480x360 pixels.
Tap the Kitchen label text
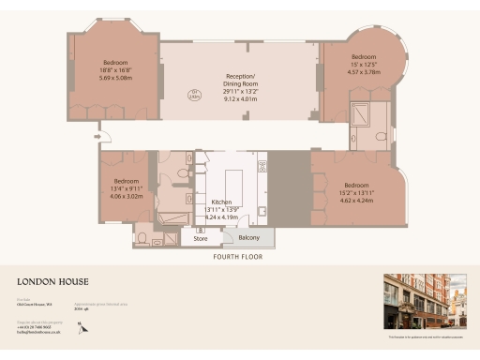(x=221, y=202)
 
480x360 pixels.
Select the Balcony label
(x=247, y=238)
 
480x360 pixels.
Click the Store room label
(x=201, y=238)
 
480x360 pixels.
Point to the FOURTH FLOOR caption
(x=237, y=256)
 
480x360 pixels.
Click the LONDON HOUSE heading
(x=52, y=280)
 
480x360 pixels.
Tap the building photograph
(x=425, y=302)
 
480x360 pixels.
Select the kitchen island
(x=231, y=179)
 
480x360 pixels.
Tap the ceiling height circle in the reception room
(x=195, y=93)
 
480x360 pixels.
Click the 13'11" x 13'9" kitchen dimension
(x=222, y=209)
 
